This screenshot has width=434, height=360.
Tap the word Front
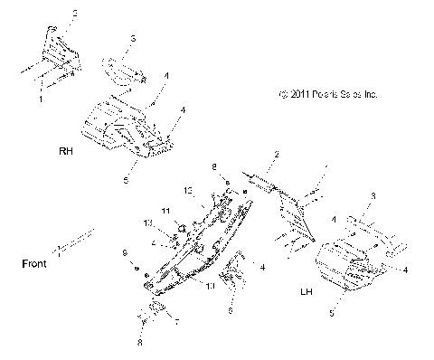[33, 265]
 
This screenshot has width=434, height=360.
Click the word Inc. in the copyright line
[369, 93]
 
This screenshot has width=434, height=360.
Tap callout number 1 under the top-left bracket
[40, 100]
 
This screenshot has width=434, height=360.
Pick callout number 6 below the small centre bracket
[231, 310]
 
